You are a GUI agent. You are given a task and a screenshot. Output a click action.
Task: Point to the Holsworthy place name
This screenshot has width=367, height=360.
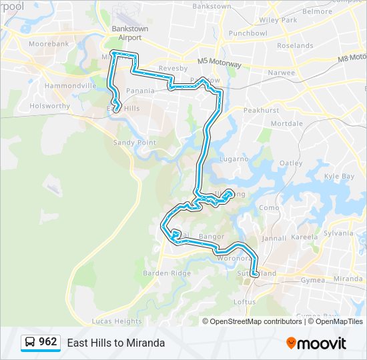point(49,105)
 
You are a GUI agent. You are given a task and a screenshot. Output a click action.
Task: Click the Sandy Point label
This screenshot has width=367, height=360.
point(134,143)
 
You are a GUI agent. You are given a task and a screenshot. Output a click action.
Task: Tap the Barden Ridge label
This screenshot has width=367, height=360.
point(166,273)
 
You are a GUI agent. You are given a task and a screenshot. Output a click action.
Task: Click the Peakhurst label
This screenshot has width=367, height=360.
point(261,110)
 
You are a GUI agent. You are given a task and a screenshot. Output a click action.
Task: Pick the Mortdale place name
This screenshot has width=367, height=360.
point(287,124)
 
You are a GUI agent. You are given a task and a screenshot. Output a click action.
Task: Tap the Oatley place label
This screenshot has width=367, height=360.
point(291,163)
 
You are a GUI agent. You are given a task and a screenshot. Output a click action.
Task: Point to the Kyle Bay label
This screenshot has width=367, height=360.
point(339,176)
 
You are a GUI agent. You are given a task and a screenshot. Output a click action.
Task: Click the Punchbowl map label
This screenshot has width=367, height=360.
point(248,33)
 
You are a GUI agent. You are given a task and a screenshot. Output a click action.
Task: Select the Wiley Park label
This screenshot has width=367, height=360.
point(278,20)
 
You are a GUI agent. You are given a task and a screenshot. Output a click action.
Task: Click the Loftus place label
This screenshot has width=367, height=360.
point(244,301)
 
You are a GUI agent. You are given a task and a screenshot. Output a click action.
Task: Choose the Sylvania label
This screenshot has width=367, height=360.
point(339,233)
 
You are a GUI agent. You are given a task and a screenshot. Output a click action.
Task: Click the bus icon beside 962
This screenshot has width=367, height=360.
point(30,343)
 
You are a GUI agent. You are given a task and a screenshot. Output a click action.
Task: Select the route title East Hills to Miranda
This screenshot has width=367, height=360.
point(115,343)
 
